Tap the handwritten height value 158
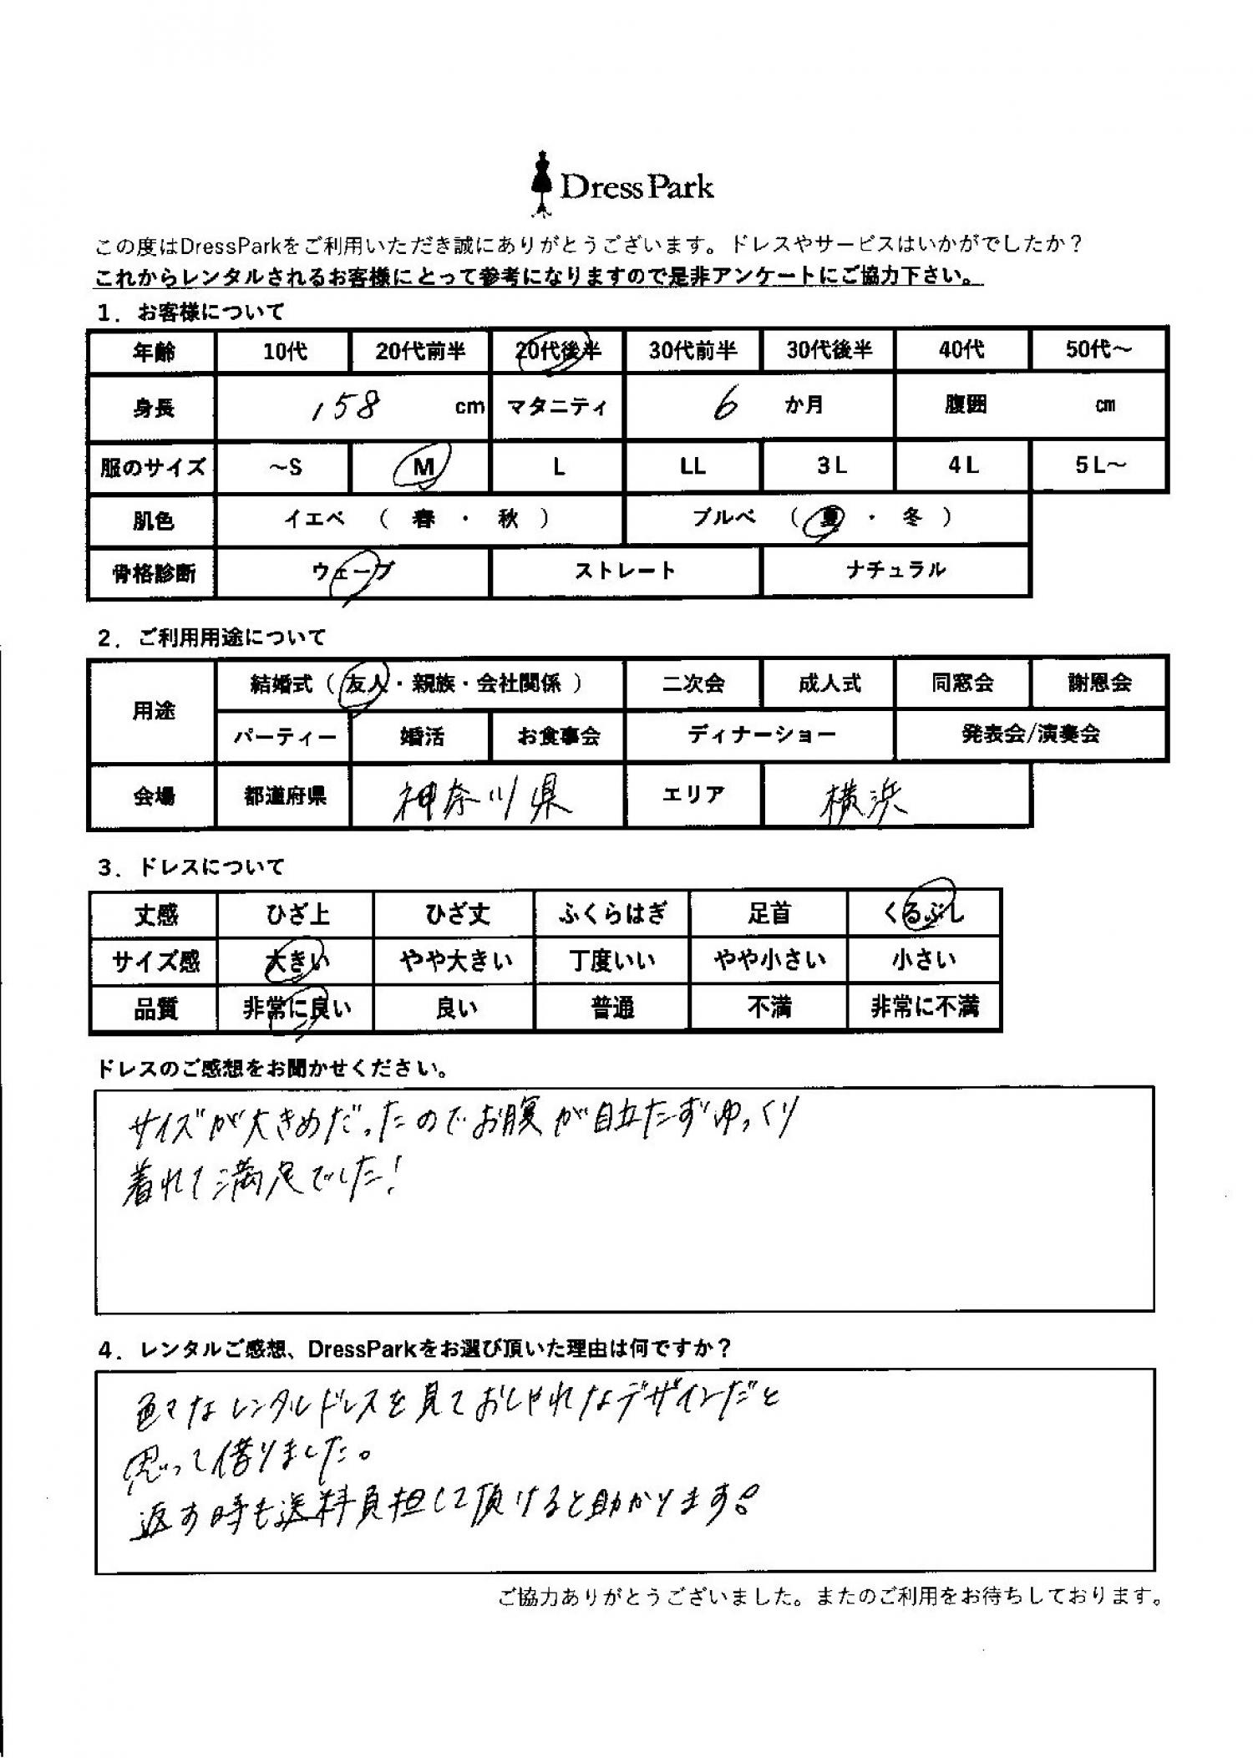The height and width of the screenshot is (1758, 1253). (x=345, y=407)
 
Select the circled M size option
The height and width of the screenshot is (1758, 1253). (x=423, y=466)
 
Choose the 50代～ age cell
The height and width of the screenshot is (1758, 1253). (x=1098, y=350)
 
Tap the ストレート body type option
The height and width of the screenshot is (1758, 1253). (x=625, y=572)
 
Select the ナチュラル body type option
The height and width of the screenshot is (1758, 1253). (x=895, y=571)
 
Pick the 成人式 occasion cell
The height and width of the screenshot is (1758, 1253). (x=828, y=683)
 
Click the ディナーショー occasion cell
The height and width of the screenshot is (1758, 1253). (x=760, y=735)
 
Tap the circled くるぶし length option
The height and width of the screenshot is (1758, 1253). (x=923, y=913)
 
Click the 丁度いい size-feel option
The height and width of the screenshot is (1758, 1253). (x=611, y=962)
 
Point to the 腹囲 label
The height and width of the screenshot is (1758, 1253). (x=965, y=405)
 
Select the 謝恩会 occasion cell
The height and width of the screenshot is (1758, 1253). (x=1098, y=683)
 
